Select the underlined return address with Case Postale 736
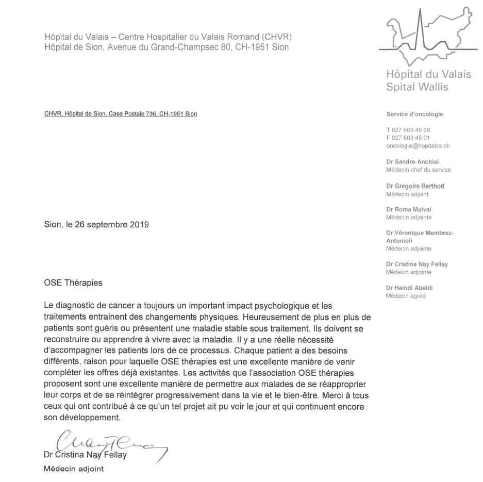(120, 114)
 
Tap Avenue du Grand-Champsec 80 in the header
(164, 48)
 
